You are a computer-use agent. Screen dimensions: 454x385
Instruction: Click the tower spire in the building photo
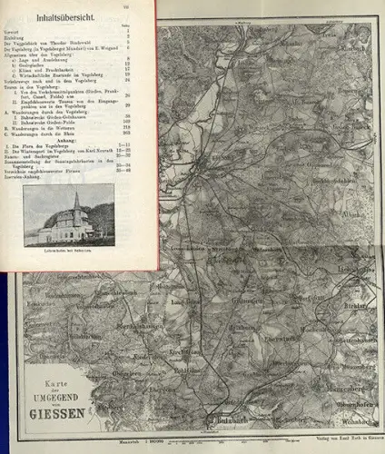(x=76, y=199)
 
